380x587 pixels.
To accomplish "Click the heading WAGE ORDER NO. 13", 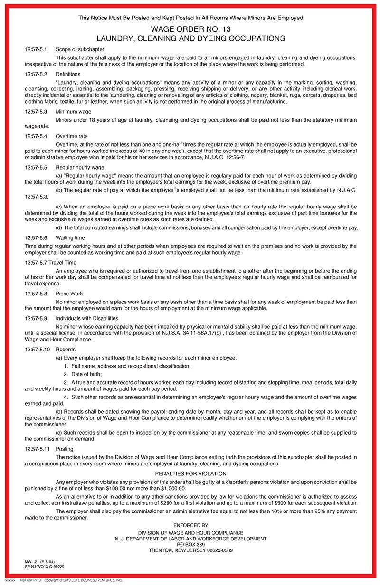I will point(190,28).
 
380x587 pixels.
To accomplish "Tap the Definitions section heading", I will point(68,74).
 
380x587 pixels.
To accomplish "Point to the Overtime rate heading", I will point(72,136).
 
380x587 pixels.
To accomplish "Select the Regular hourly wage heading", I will point(80,167).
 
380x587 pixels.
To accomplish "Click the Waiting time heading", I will point(70,237).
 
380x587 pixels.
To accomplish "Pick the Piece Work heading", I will point(69,293).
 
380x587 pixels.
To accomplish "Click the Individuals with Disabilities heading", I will point(87,318).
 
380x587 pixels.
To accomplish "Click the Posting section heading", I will point(65,449).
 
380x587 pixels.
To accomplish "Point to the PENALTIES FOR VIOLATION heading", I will point(190,473).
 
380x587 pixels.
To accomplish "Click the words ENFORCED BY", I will point(190,525).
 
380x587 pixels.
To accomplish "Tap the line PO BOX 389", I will point(190,544).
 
